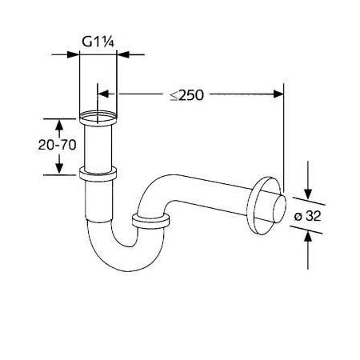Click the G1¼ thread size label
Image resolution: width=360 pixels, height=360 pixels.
point(98,42)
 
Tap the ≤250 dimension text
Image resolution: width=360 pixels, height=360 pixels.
point(187,95)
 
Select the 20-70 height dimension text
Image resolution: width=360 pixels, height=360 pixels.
point(58,145)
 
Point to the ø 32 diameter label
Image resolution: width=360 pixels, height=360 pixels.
point(308,216)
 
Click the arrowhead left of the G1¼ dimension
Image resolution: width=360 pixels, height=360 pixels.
point(73,54)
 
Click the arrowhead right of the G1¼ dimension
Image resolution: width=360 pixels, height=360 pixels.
point(123,54)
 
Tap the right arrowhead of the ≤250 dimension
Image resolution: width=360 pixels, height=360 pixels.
point(278,94)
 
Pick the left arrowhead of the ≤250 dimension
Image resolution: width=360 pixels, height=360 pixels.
point(103,94)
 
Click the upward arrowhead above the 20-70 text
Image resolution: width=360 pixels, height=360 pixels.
point(59,125)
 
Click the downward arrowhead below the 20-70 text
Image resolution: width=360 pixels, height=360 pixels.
point(59,169)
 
